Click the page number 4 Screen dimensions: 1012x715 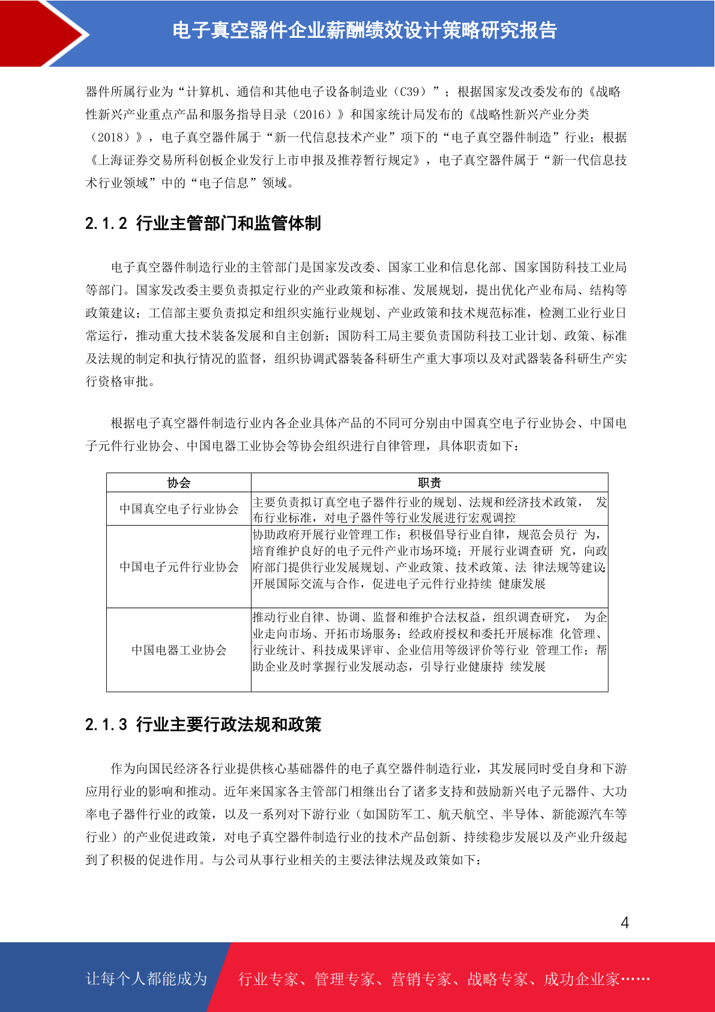tap(624, 922)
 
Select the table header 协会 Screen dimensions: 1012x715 tap(179, 483)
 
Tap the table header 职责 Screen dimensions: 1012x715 tap(429, 483)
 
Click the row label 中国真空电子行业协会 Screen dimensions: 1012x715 tap(179, 509)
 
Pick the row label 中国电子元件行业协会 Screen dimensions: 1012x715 tap(179, 567)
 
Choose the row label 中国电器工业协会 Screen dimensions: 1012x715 tap(179, 650)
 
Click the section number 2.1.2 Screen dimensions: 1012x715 tap(106, 224)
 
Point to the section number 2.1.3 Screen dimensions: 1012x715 tap(106, 724)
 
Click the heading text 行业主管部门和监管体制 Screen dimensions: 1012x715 tap(229, 224)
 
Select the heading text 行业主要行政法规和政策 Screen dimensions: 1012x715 tap(229, 724)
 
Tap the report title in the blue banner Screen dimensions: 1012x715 tap(364, 30)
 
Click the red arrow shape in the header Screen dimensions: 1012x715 tap(42, 33)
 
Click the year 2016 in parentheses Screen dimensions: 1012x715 tap(315, 115)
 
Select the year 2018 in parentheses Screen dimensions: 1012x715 tap(114, 138)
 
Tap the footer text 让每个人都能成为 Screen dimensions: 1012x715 tap(146, 978)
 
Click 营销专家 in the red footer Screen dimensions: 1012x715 tap(421, 979)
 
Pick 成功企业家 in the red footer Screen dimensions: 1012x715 tap(581, 979)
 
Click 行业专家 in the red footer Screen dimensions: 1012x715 tap(268, 979)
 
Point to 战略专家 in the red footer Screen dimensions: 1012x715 tap(497, 979)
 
